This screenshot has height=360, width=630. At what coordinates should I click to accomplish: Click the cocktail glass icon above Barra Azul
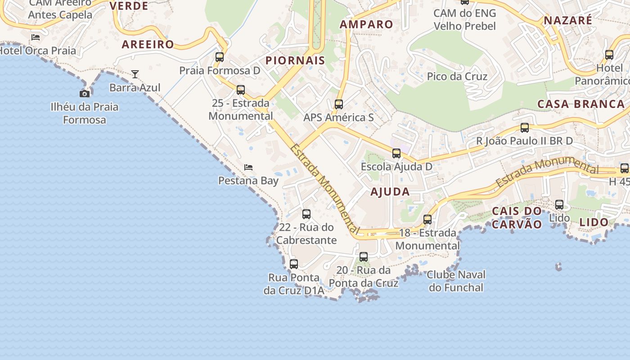[x=135, y=74]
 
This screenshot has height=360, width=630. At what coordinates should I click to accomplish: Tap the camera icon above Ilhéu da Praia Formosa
[x=85, y=94]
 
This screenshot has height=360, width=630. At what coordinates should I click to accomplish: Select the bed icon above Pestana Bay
[x=248, y=167]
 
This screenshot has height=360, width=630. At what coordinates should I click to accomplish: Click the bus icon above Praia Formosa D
[x=220, y=57]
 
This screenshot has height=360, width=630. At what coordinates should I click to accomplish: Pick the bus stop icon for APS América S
[x=339, y=104]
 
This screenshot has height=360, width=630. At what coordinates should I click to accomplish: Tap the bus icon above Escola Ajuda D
[x=396, y=153]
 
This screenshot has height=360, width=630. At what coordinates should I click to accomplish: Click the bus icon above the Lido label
[x=559, y=205]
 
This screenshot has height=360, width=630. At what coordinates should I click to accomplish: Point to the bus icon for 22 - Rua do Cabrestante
[x=306, y=214]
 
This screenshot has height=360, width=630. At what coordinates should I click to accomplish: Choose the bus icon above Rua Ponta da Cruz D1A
[x=294, y=264]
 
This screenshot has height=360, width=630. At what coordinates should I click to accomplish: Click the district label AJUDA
[x=390, y=192]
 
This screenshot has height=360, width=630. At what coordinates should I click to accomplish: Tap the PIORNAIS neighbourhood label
[x=295, y=61]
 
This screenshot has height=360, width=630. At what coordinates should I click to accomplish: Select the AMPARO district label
[x=366, y=24]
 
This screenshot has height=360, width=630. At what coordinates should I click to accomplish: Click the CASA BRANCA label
[x=581, y=104]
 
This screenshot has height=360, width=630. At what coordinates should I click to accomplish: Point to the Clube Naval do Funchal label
[x=456, y=281]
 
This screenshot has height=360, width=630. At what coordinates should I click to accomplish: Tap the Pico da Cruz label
[x=457, y=76]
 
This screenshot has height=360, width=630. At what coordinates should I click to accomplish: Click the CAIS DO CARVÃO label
[x=517, y=218]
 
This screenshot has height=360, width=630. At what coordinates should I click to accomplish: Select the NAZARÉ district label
[x=568, y=20]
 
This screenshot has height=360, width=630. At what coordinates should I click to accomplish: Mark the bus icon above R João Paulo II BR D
[x=525, y=128]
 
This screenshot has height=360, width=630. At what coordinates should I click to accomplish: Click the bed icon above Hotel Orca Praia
[x=36, y=37]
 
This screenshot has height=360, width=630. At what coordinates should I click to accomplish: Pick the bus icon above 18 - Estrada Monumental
[x=427, y=220]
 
